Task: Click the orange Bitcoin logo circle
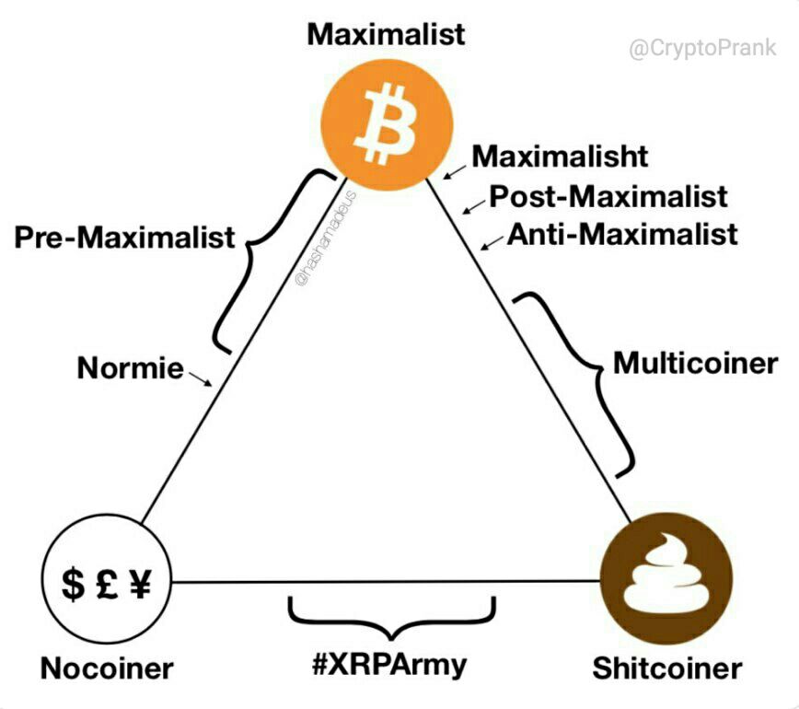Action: [387, 125]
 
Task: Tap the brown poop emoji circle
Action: [666, 578]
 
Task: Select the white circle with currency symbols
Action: [106, 579]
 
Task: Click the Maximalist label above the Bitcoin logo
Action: [386, 35]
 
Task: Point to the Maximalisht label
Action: [560, 156]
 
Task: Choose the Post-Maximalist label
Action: [608, 196]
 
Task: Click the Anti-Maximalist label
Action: [622, 235]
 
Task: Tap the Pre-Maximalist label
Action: [125, 237]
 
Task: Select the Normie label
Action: [131, 367]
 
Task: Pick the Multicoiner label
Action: [696, 364]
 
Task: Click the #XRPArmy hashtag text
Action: [389, 665]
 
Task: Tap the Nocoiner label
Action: [107, 668]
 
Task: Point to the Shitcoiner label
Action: [667, 668]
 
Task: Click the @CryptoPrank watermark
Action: [702, 49]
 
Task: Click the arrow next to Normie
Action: [201, 379]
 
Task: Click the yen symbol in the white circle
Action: [140, 584]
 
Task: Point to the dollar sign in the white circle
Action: [73, 584]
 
